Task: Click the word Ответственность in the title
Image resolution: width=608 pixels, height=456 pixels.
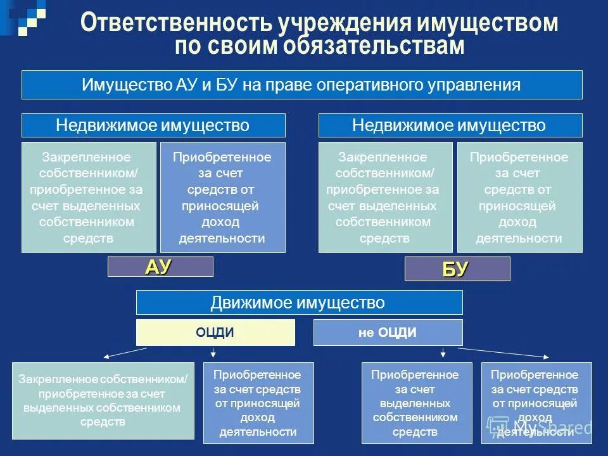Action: [x=176, y=23]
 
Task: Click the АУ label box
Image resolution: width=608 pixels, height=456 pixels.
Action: [x=160, y=267]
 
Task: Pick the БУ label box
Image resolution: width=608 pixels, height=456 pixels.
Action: [x=457, y=269]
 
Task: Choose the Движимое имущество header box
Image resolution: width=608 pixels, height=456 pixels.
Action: [x=299, y=303]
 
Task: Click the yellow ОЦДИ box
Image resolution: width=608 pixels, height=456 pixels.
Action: [x=215, y=332]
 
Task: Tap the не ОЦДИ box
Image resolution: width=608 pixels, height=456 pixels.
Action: [x=388, y=332]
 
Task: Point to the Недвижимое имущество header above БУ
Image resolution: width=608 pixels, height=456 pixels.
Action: [x=450, y=125]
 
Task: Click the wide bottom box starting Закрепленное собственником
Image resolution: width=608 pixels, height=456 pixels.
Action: [x=103, y=400]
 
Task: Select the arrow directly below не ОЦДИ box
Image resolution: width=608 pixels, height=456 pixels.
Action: [x=443, y=351]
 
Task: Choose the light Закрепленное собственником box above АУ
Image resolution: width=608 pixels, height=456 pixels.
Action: [x=89, y=198]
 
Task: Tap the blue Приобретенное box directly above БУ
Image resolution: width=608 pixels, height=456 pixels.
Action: [x=519, y=198]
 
